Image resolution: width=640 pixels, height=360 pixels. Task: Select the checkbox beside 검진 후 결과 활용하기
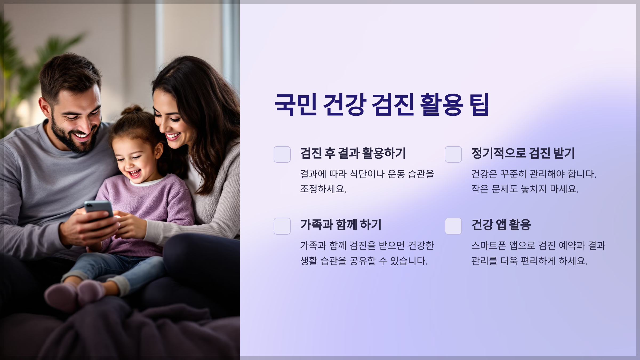coord(282,154)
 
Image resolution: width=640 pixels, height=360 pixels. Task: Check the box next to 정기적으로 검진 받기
coord(453,154)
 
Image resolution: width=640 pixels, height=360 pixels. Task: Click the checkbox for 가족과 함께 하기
coord(282,226)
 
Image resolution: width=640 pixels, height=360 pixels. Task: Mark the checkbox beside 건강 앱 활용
coord(453,226)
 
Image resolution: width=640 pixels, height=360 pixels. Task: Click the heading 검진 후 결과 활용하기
coord(353,153)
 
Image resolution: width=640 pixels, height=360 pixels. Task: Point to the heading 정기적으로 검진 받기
coord(523,153)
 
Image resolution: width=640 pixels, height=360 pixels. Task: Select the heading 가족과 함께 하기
coord(341,225)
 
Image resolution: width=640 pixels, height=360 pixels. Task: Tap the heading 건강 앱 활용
coord(501,225)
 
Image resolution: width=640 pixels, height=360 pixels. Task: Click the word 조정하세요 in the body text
coord(323,189)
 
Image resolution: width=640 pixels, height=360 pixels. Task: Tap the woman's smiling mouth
coord(173,136)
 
